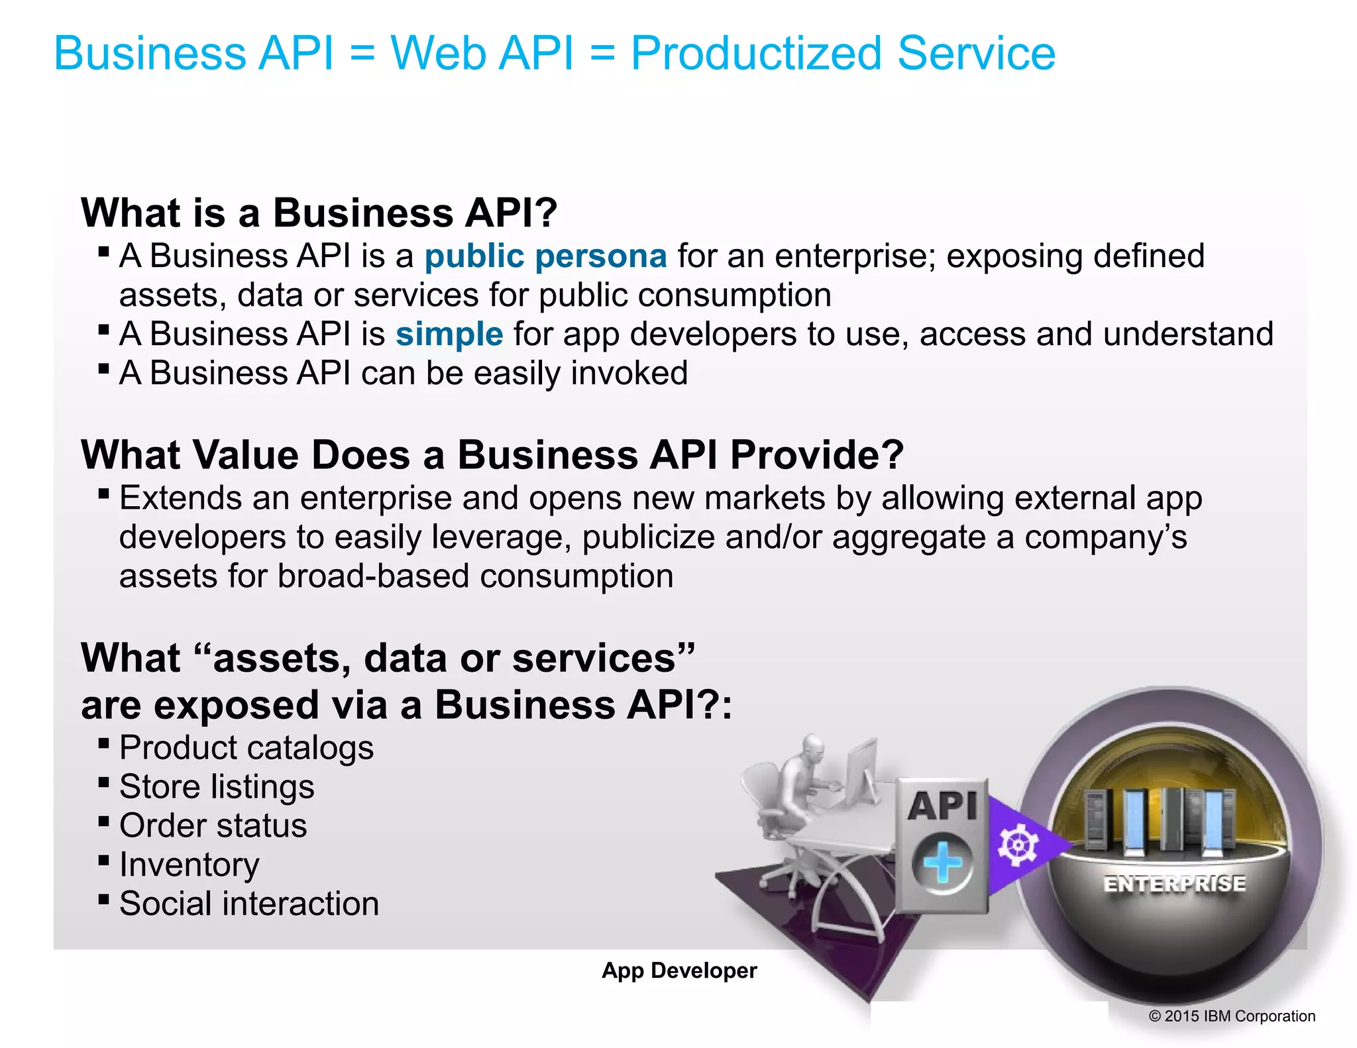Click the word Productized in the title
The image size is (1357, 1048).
click(755, 54)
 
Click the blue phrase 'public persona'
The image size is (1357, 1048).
click(545, 256)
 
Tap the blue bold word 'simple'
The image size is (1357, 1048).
click(449, 334)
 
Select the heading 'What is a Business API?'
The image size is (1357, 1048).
click(319, 213)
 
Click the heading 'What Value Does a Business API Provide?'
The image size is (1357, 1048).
click(492, 455)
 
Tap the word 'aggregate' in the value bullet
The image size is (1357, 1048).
click(908, 537)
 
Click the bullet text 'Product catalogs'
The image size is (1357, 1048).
click(246, 748)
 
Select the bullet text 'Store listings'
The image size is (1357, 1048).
click(217, 787)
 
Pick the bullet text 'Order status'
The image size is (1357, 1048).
click(213, 826)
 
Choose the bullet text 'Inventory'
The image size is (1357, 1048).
click(190, 865)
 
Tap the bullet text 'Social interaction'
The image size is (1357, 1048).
click(249, 904)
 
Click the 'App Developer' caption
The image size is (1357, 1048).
click(679, 970)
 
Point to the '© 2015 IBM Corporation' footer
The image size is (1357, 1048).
click(1232, 1016)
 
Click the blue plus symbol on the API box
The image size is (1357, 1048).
click(942, 863)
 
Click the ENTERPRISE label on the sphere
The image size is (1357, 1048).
click(1174, 884)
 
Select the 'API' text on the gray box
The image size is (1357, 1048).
click(942, 806)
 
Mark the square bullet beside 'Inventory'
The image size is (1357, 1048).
click(103, 861)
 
